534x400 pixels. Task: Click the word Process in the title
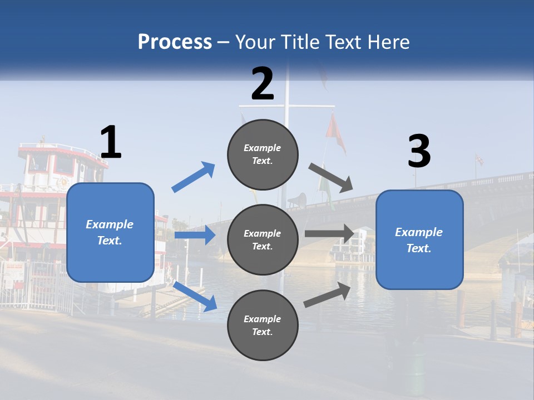[x=175, y=42]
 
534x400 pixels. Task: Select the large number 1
[x=111, y=143]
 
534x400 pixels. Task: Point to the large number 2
[x=263, y=84]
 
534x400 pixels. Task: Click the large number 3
[x=419, y=152]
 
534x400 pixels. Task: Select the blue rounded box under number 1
[x=110, y=232]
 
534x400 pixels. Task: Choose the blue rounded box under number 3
[x=419, y=239]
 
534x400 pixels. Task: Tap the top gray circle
[x=263, y=154]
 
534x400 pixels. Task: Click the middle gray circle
[x=263, y=239]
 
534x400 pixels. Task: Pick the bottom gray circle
[x=263, y=325]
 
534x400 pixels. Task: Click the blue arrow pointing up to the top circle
[x=194, y=177]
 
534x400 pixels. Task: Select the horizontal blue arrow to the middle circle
[x=195, y=235]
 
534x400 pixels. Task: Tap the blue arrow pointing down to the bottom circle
[x=195, y=296]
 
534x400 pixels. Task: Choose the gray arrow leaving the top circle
[x=330, y=178]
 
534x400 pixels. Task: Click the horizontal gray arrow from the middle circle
[x=329, y=233]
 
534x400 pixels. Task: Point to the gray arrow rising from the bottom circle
[x=328, y=294]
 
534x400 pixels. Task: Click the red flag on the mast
[x=334, y=132]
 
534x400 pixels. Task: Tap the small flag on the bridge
[x=478, y=160]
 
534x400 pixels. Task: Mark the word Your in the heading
[x=256, y=42]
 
